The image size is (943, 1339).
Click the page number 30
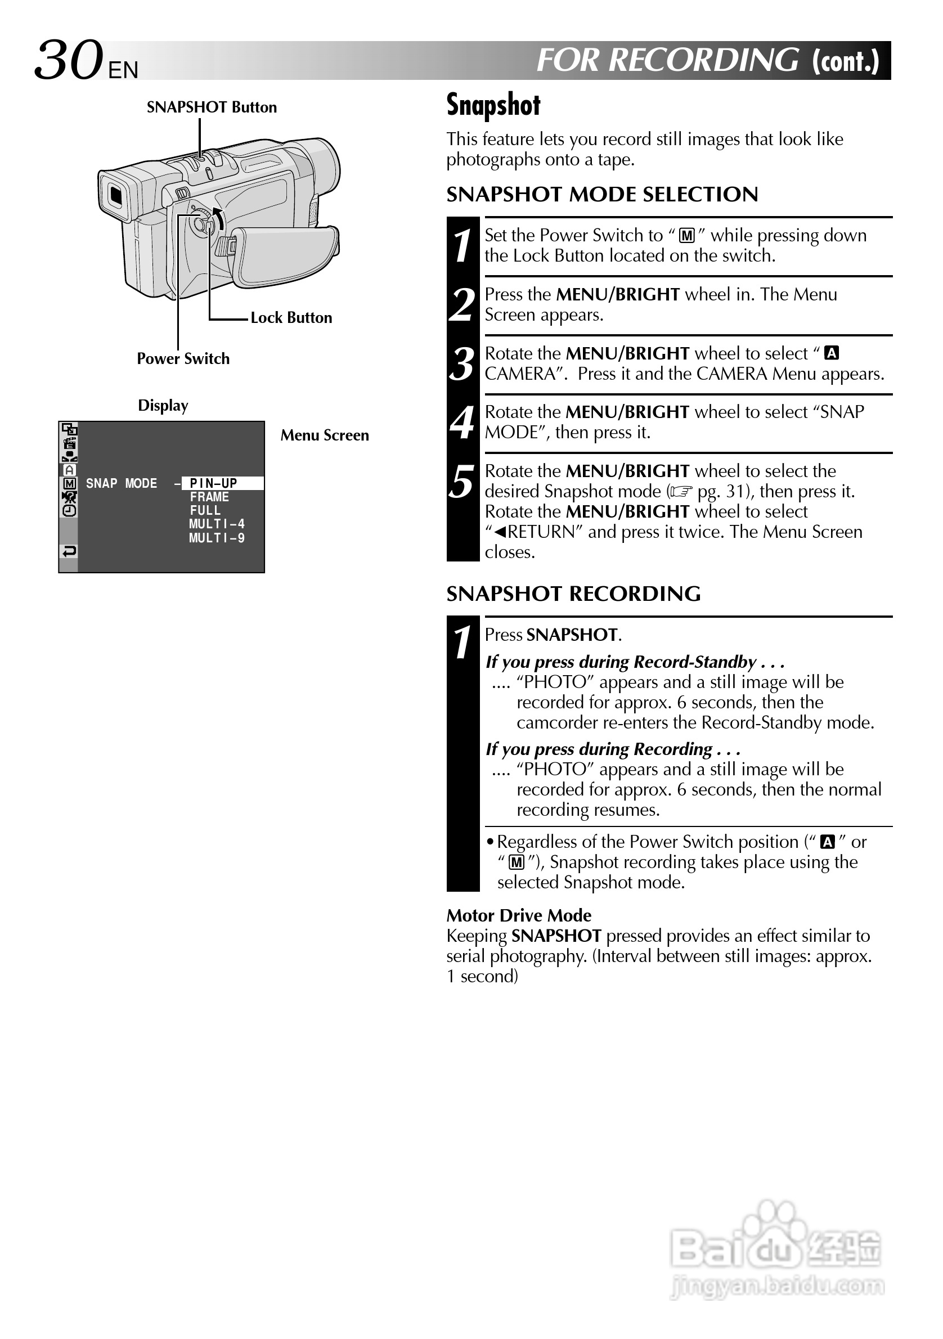[68, 61]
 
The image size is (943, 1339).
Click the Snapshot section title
[493, 105]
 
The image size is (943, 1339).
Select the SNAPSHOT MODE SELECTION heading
[602, 195]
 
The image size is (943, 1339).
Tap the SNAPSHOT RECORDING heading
[573, 594]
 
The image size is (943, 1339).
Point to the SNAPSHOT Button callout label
[212, 107]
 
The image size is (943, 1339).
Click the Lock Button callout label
[291, 318]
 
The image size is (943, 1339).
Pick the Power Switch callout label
[183, 359]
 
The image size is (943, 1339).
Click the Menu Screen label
[324, 435]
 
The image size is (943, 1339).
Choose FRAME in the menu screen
[209, 497]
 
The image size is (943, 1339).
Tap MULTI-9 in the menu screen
[217, 538]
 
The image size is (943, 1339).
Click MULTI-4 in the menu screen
[217, 524]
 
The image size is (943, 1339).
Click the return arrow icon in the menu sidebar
[69, 551]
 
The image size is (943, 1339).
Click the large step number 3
[462, 365]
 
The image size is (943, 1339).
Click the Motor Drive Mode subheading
[518, 915]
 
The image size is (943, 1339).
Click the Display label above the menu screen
[163, 405]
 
